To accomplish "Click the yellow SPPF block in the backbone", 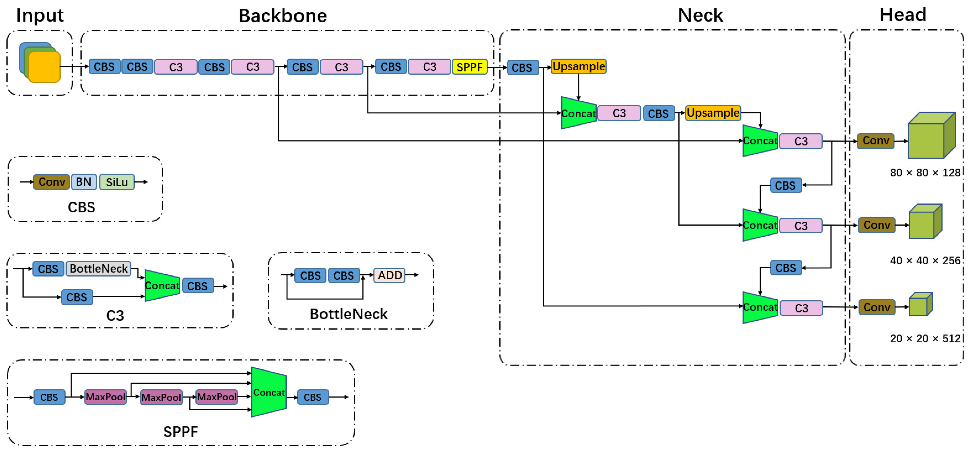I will click(469, 67).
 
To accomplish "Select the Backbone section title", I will click(283, 16).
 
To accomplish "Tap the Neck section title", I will click(700, 15).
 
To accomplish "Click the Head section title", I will click(902, 15).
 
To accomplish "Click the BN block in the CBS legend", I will click(84, 182).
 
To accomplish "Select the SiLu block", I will click(117, 182).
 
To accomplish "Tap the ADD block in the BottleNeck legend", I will click(389, 275).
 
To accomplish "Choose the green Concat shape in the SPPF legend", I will click(269, 393).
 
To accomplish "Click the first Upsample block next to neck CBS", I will click(578, 67).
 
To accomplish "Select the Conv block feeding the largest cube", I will click(875, 141).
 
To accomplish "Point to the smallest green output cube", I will click(920, 305).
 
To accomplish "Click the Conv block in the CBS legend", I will click(51, 182).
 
